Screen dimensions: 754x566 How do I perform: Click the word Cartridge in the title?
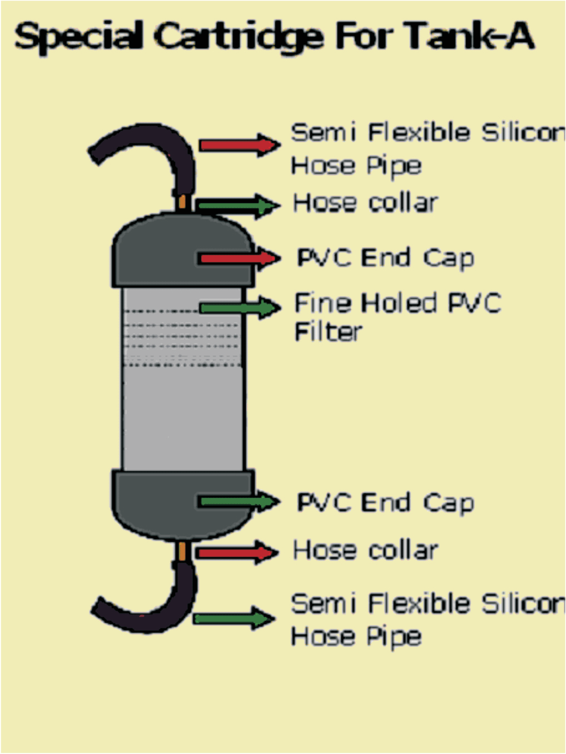point(239,37)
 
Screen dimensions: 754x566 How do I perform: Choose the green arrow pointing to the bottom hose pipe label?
point(234,618)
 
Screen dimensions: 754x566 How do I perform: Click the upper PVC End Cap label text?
point(385,258)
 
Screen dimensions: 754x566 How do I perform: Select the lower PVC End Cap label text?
point(385,503)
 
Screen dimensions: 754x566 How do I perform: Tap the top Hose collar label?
point(365,203)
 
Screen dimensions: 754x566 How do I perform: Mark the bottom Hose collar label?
point(365,551)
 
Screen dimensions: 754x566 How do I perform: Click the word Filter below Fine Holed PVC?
point(328,332)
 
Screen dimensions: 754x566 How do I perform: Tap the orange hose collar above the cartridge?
point(182,201)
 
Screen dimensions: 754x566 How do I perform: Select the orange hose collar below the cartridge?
point(182,552)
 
